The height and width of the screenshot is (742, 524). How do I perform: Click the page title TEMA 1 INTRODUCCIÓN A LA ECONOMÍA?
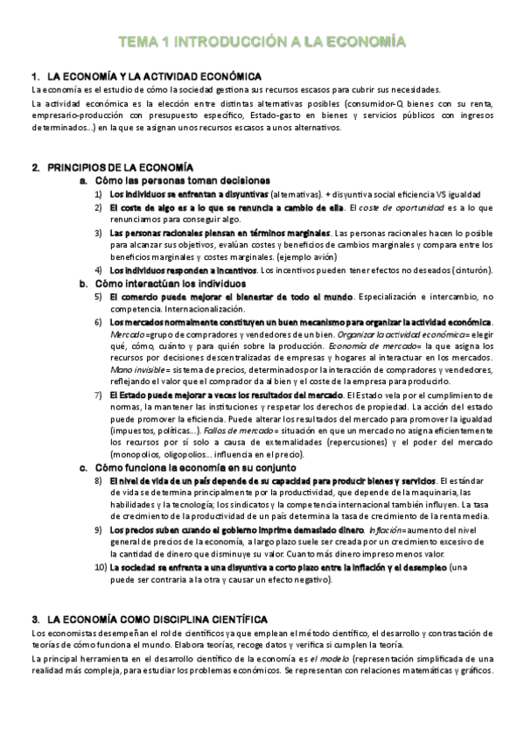pos(262,40)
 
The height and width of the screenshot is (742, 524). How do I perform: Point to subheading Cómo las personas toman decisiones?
pos(181,180)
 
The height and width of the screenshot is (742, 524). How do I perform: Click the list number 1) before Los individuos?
pos(99,192)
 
